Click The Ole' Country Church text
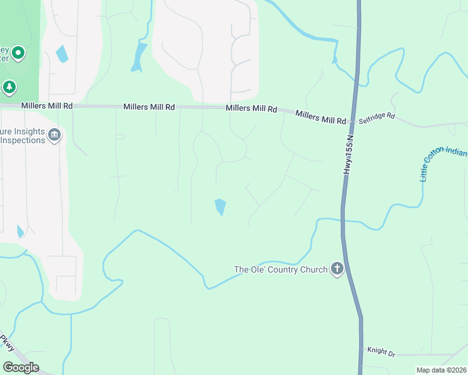(280, 270)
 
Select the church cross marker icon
(337, 269)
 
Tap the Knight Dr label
(381, 353)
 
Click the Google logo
(21, 367)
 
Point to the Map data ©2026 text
(441, 370)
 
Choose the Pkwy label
(8, 344)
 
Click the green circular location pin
(18, 54)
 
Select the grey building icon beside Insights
(54, 135)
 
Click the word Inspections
(23, 140)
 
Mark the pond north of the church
(220, 206)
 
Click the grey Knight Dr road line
(425, 354)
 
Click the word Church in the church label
(312, 270)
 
